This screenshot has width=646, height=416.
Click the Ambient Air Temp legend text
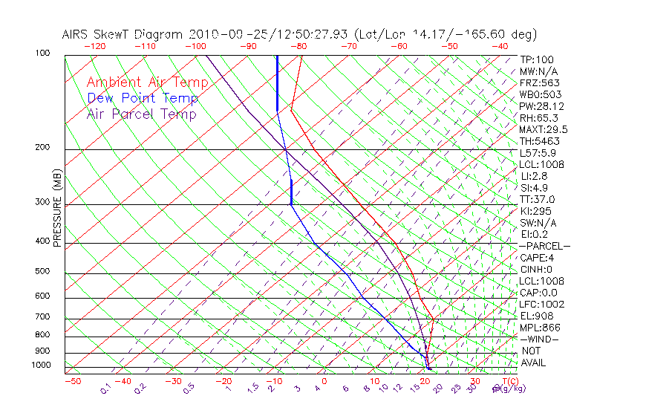147,82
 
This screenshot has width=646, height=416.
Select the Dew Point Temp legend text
143,98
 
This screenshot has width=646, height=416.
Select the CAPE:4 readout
537,258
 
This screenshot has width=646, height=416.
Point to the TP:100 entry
537,59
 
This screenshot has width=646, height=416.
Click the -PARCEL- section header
544,246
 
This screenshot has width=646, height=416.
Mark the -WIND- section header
540,339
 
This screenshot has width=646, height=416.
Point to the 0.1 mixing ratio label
105,388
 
